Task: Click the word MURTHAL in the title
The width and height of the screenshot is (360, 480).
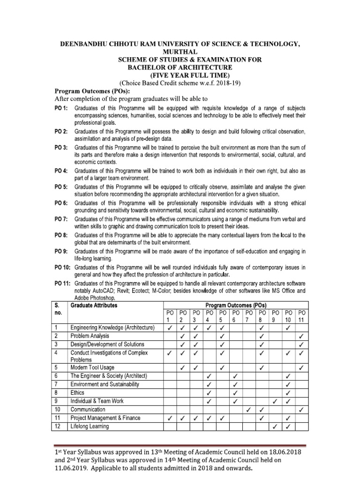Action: click(x=180, y=52)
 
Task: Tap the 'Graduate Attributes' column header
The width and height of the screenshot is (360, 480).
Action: click(x=94, y=306)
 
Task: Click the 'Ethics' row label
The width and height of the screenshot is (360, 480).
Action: click(x=77, y=393)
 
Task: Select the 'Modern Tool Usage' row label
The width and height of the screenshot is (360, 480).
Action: click(x=92, y=367)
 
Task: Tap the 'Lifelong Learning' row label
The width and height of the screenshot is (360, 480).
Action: click(x=90, y=427)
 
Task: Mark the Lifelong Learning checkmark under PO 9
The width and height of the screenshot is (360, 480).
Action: click(x=276, y=427)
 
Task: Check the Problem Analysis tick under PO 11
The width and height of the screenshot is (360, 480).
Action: click(x=302, y=336)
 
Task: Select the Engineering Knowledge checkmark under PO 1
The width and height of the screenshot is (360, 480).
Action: click(x=169, y=328)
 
